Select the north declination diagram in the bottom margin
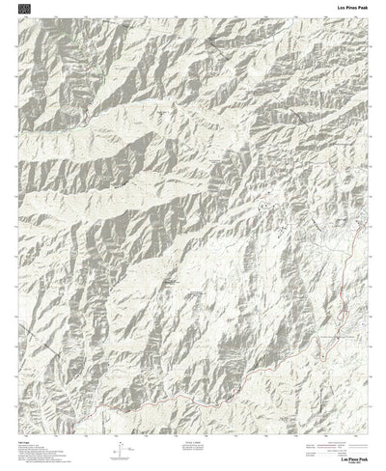click(120, 448)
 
